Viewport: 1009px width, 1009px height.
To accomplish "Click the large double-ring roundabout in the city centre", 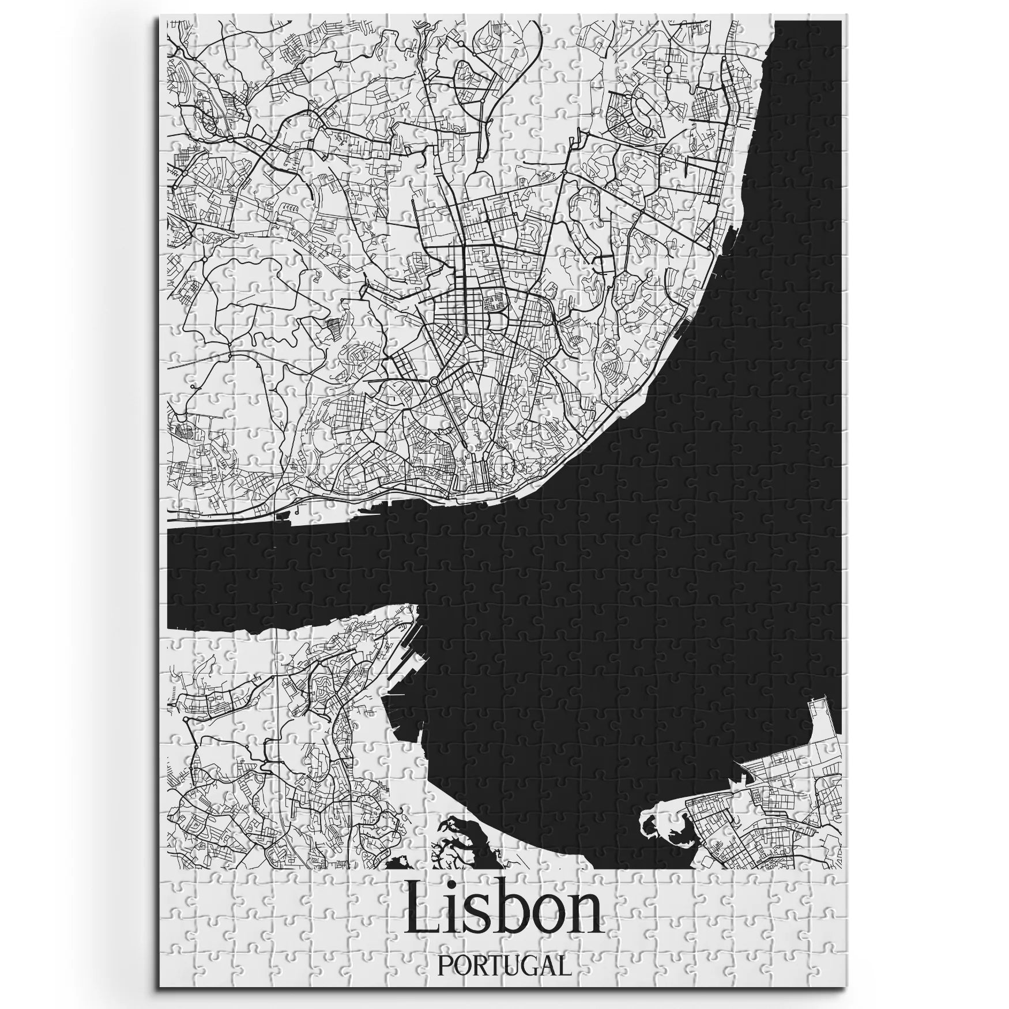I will [434, 382].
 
